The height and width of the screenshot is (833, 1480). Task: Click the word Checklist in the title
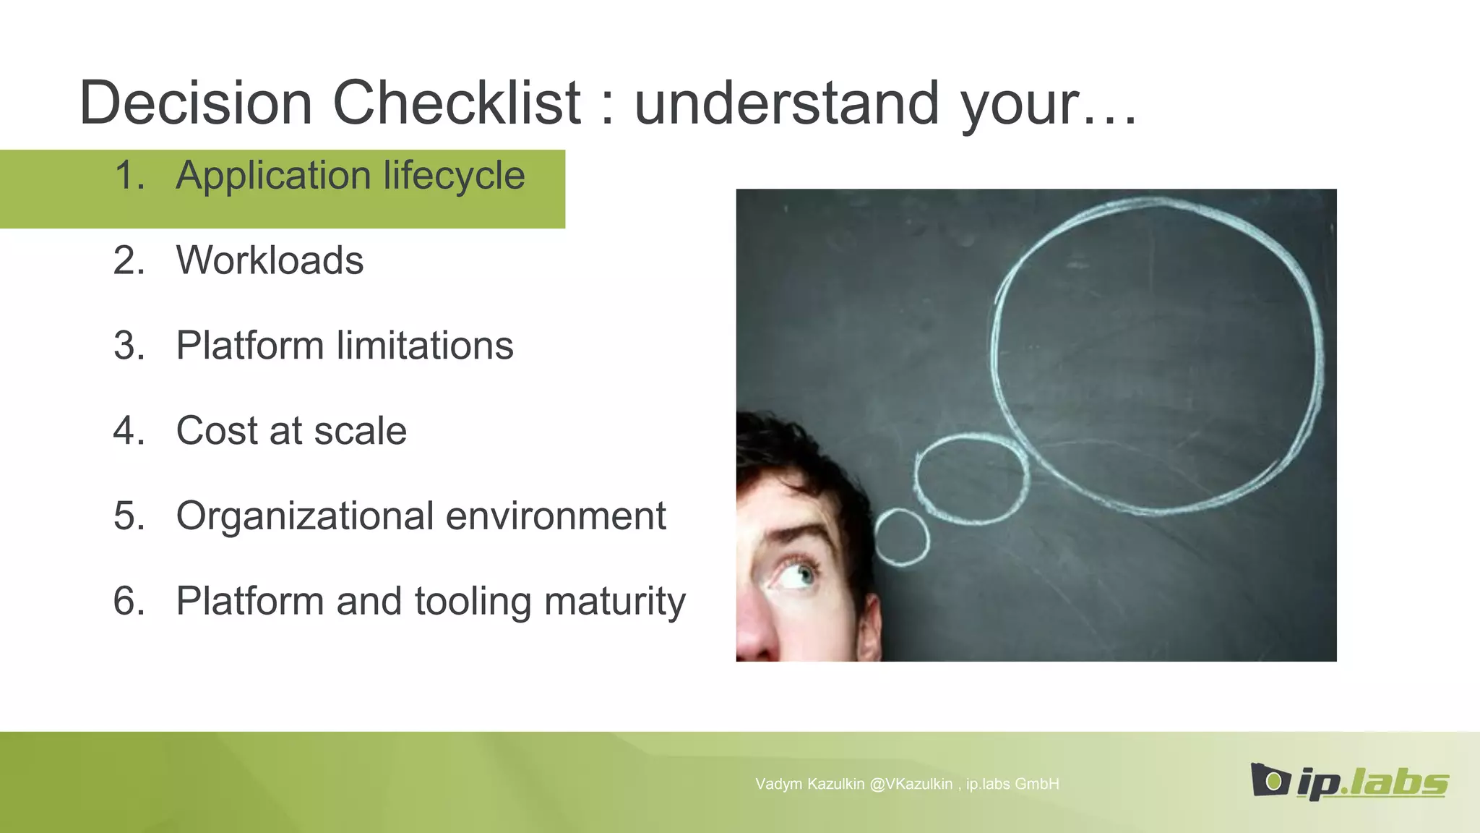click(456, 103)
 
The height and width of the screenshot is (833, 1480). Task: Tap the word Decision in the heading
click(195, 103)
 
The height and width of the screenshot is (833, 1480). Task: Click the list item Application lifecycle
click(350, 176)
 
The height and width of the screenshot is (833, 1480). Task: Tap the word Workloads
click(270, 260)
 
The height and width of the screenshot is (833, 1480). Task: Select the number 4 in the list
click(127, 431)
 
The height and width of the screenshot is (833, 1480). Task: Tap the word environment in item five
click(556, 516)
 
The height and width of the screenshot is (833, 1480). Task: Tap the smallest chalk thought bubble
click(901, 537)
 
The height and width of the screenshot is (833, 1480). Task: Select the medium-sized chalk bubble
click(971, 477)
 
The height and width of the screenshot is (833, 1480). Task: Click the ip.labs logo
click(1348, 782)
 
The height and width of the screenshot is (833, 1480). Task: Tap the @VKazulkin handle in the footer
click(911, 784)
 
